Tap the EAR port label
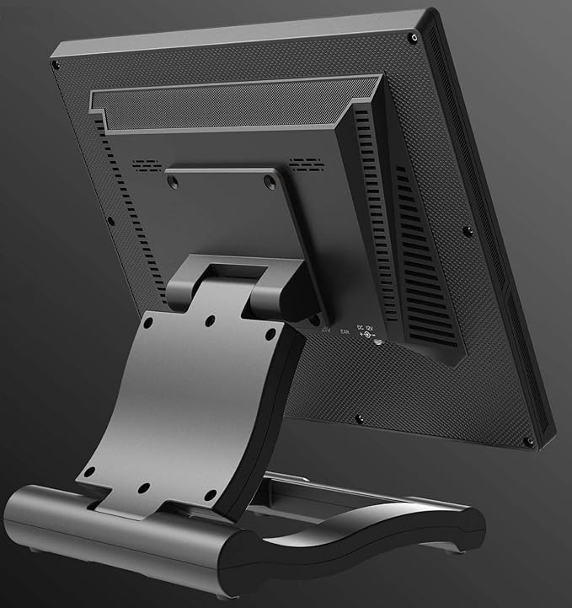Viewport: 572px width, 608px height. (x=345, y=332)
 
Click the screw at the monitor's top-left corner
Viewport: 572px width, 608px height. (x=56, y=65)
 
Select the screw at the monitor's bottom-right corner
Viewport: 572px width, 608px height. (x=527, y=441)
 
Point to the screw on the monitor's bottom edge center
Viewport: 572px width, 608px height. (x=360, y=418)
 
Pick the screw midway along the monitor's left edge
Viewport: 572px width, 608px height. (x=110, y=221)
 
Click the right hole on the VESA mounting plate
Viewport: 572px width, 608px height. (x=269, y=180)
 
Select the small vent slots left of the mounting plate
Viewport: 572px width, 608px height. (x=147, y=164)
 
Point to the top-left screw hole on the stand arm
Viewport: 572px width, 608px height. (x=149, y=321)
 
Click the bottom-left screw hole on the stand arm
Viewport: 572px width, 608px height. (x=89, y=471)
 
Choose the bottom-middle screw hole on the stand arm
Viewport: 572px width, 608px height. (x=143, y=488)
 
